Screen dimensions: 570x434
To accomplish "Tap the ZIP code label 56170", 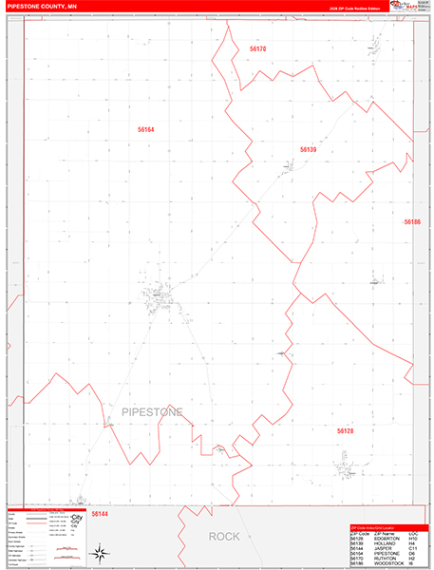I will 257,48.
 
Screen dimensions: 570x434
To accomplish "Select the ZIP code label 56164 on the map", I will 145,129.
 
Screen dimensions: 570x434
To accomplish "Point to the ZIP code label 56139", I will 308,149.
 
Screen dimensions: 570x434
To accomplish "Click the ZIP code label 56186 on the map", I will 411,221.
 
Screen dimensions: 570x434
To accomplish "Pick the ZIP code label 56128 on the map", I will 345,430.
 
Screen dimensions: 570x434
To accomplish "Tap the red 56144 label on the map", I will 101,513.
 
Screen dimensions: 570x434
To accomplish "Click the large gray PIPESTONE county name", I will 152,411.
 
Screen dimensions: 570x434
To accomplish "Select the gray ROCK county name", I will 224,537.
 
